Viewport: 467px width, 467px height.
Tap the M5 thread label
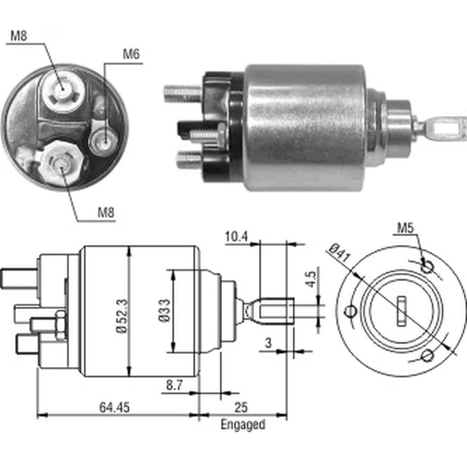pos(405,228)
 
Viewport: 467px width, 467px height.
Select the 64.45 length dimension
pos(114,407)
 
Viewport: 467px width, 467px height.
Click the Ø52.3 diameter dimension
pos(122,316)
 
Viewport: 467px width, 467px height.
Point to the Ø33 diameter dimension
pos(164,311)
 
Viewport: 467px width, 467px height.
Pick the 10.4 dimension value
pos(236,237)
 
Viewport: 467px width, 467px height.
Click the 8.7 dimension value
pos(174,385)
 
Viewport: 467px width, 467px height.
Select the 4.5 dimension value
pos(311,279)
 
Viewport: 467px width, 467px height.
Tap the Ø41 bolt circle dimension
pos(340,253)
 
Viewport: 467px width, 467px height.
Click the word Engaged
pos(243,424)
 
